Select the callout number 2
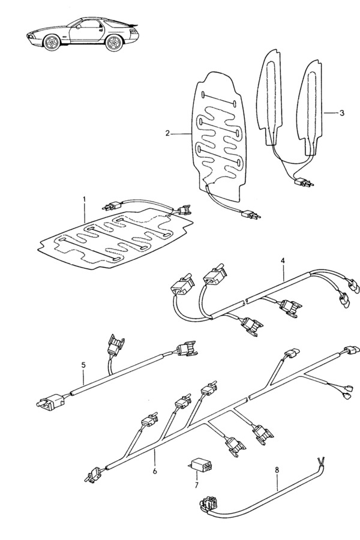tap(167, 133)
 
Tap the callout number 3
tap(341, 113)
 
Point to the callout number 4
tap(283, 261)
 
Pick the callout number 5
tap(84, 365)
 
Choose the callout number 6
tap(155, 471)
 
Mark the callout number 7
tap(196, 485)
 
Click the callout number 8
tap(277, 469)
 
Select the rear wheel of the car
tap(114, 43)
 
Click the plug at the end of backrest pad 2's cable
tap(251, 215)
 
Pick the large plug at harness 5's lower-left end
tap(50, 402)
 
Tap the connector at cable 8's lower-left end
tap(208, 503)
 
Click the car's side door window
tap(88, 24)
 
